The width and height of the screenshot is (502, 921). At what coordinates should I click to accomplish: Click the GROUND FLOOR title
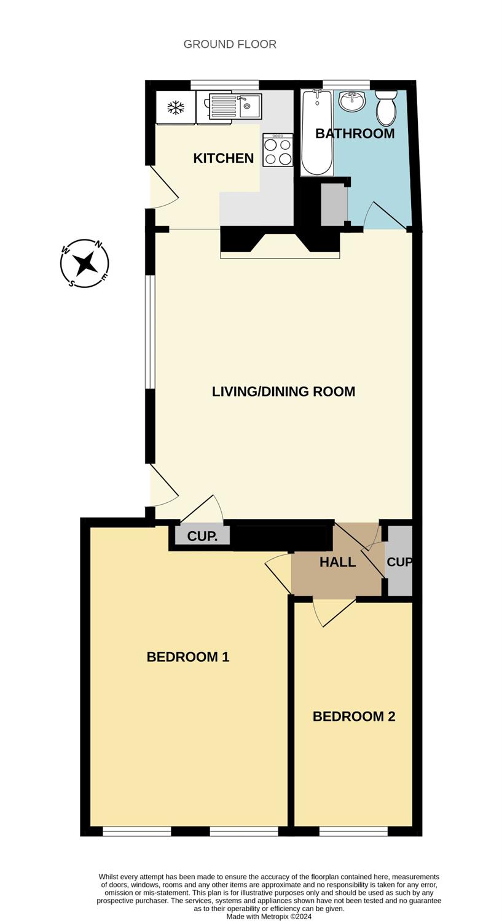(x=230, y=44)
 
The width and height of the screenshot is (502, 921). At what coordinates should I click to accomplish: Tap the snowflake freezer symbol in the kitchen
(x=176, y=107)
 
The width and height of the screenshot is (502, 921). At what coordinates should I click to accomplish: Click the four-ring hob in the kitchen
(x=278, y=150)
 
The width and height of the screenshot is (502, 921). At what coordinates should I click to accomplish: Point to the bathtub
(x=317, y=133)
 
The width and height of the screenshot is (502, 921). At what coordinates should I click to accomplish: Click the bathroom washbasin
(x=352, y=100)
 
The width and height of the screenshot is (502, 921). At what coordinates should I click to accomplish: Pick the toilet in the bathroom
(x=385, y=107)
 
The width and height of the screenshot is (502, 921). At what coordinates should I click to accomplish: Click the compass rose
(x=85, y=263)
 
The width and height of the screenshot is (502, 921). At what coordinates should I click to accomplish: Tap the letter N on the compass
(x=98, y=244)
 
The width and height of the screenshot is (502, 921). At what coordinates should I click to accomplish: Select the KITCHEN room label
(x=224, y=158)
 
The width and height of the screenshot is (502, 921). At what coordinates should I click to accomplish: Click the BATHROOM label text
(x=355, y=134)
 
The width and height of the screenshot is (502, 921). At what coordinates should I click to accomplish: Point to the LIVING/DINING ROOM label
(x=283, y=392)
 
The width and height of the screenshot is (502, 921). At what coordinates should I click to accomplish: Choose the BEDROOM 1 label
(x=187, y=657)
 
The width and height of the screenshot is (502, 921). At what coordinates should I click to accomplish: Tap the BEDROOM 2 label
(x=354, y=717)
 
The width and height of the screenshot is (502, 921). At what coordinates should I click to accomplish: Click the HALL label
(x=338, y=562)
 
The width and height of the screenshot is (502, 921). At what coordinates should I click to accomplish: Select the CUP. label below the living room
(x=202, y=537)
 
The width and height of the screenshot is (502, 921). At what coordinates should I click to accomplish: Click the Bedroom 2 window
(x=353, y=831)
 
